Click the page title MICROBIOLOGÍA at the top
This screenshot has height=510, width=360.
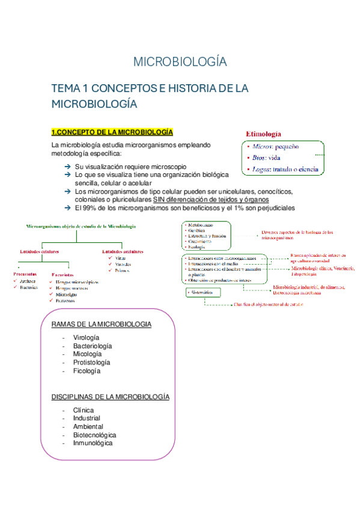point(180,62)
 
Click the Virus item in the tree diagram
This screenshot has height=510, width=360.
point(121,258)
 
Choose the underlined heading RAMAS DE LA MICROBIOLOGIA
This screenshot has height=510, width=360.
point(102,324)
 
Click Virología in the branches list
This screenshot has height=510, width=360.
point(85,337)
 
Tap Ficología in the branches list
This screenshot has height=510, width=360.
point(87,371)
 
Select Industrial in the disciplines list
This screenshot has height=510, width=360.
point(87,418)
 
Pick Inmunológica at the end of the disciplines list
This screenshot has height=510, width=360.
point(93,443)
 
